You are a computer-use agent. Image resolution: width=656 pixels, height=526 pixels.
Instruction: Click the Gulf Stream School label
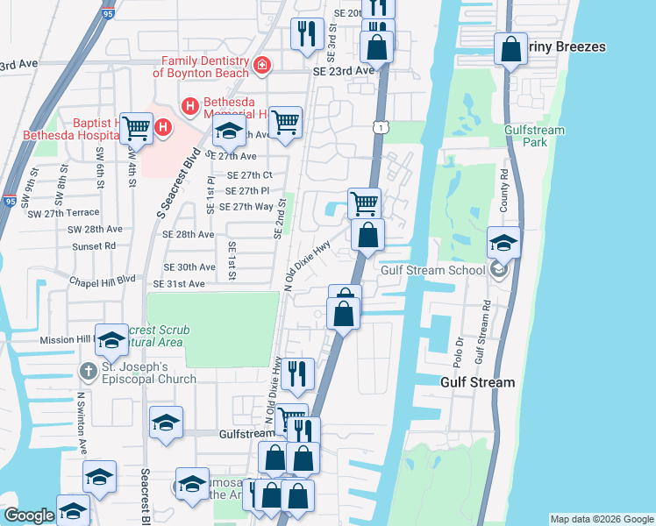click(432, 270)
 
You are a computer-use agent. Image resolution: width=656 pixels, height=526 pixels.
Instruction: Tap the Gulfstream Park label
click(534, 136)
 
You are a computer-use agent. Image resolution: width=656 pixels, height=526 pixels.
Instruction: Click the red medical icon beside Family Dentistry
click(261, 65)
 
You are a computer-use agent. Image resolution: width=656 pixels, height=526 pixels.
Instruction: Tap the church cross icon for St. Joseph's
click(87, 372)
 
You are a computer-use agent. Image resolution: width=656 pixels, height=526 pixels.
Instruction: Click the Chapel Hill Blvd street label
click(103, 281)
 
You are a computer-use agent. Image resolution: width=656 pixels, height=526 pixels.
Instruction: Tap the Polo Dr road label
click(458, 350)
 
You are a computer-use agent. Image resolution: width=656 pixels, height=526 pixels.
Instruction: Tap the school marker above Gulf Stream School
click(504, 243)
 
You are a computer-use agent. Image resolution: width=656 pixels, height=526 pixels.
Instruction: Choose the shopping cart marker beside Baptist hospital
click(137, 129)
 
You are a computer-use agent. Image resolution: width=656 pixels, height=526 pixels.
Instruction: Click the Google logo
click(29, 515)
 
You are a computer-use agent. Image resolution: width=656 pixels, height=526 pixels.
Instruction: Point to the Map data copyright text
click(601, 519)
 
